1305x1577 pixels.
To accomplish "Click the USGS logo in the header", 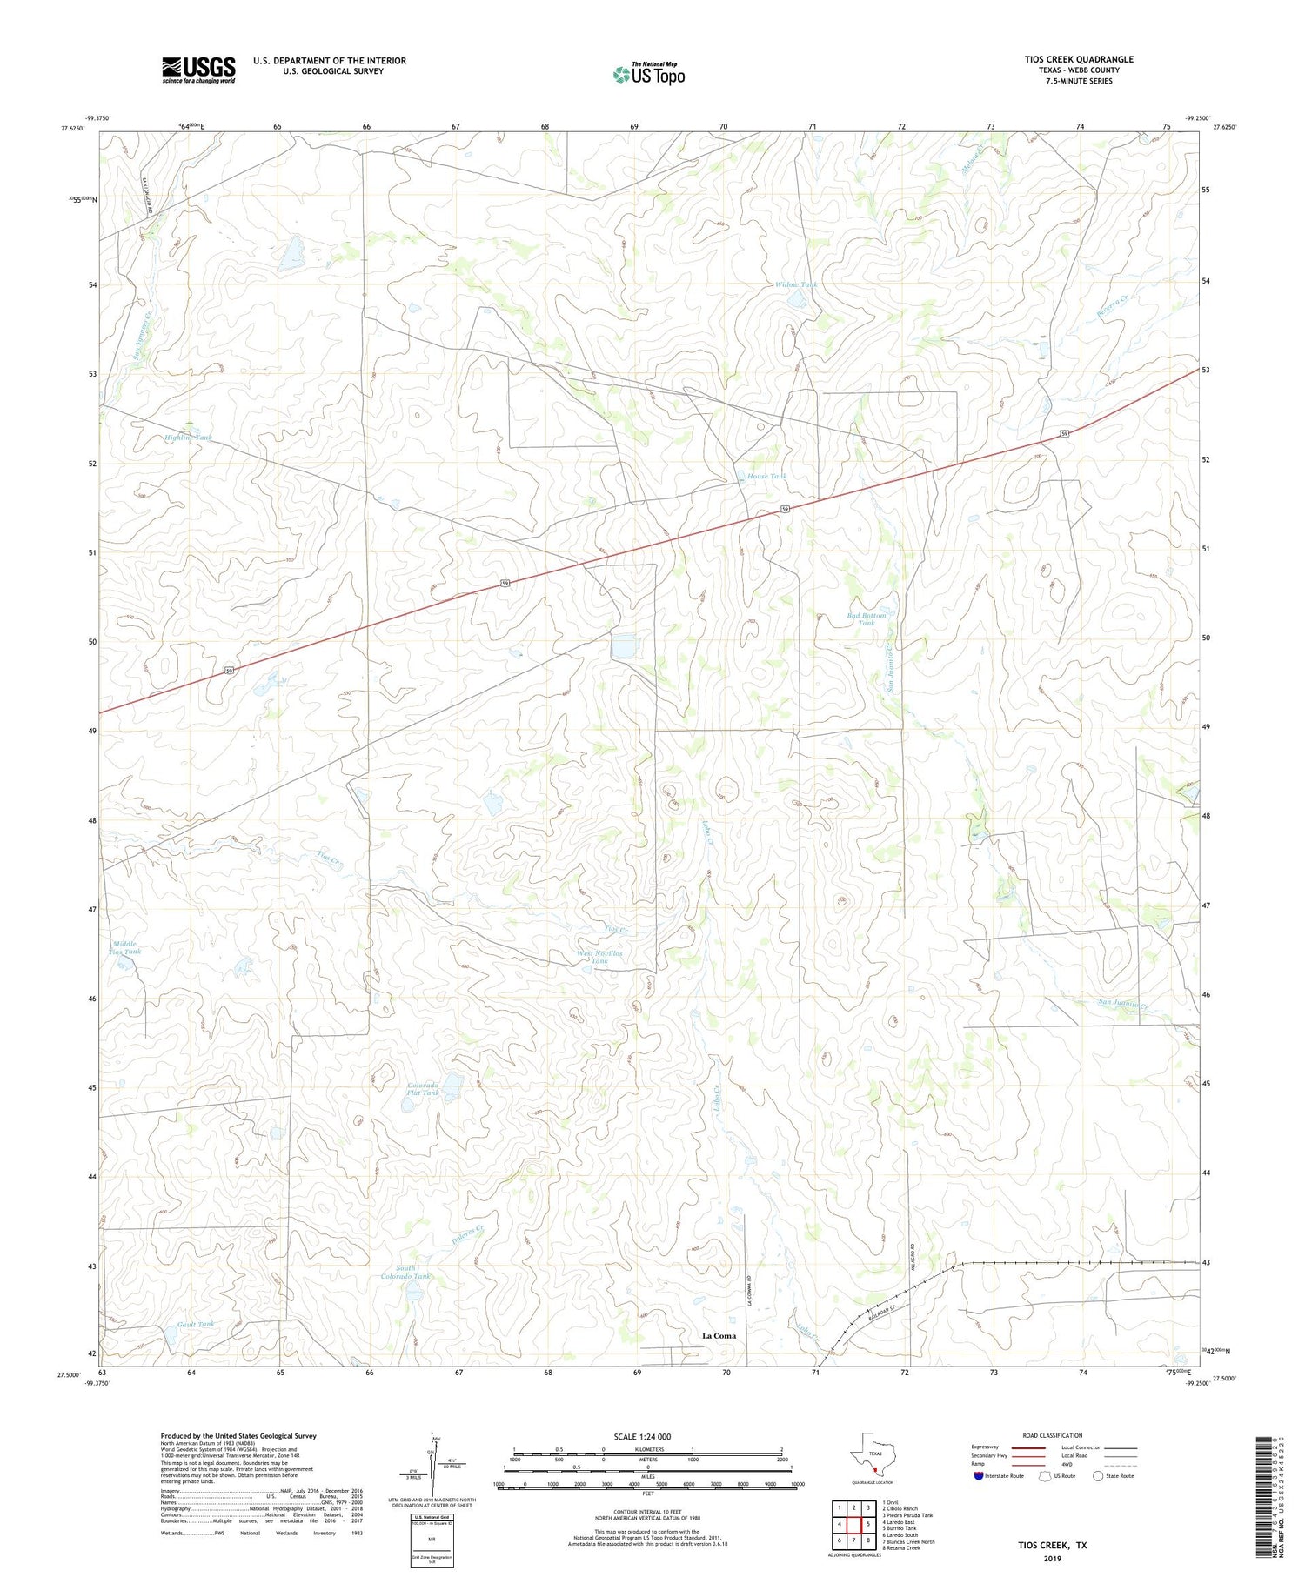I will point(198,70).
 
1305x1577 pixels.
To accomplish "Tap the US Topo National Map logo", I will point(648,75).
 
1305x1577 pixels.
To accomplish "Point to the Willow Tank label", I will point(795,284).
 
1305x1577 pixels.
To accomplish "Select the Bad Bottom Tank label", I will point(866,618).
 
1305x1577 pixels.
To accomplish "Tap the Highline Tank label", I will point(188,438).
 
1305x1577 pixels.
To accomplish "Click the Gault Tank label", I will point(195,1324).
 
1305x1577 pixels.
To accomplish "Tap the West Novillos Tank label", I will point(599,957).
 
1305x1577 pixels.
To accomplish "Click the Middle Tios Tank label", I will point(125,947).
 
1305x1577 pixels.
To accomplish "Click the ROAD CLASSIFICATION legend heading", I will point(1052,1435).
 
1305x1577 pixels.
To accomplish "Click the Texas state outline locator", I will point(870,1454).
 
